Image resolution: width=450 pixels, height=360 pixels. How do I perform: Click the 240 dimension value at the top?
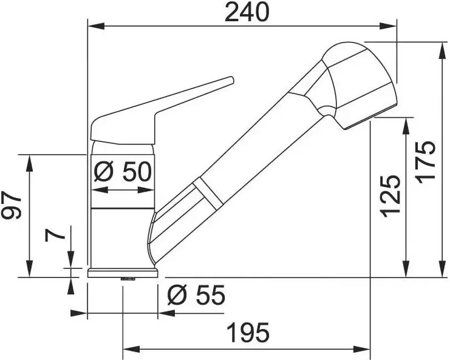click(x=247, y=12)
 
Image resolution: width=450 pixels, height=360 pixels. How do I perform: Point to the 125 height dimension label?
click(x=391, y=195)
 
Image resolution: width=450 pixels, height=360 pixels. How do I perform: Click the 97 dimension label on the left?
click(x=13, y=208)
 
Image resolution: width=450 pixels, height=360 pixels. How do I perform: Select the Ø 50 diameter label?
click(x=123, y=172)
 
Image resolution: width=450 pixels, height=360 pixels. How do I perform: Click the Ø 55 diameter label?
click(x=196, y=296)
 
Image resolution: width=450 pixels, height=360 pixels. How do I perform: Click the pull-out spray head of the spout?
click(x=358, y=85)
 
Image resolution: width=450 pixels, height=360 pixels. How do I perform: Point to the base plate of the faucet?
click(x=123, y=273)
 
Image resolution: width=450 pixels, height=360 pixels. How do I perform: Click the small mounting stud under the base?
click(x=128, y=279)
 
